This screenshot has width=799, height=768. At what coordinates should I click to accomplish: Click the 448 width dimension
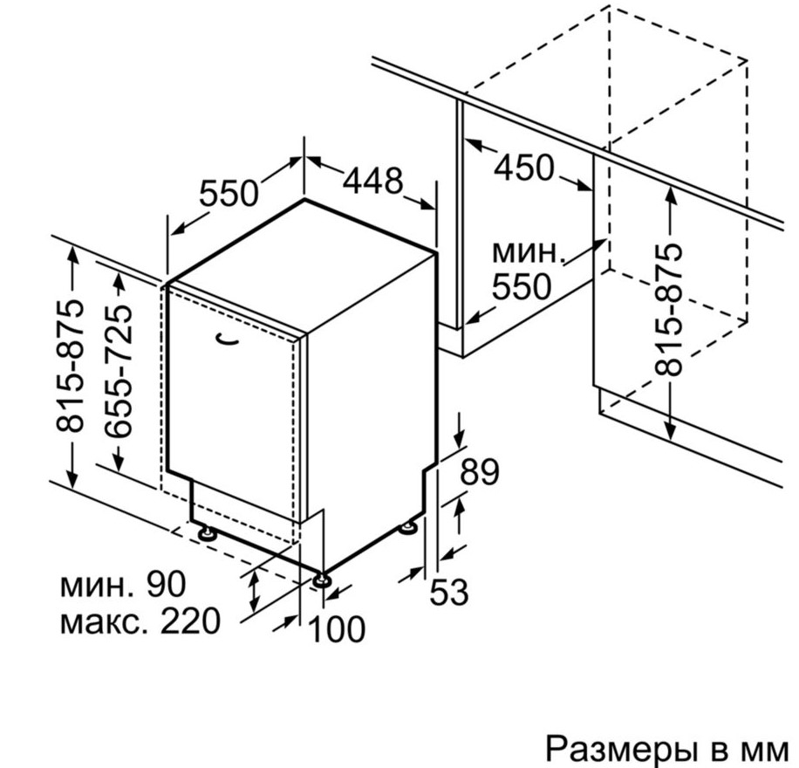click(372, 181)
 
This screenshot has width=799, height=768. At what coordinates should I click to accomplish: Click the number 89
click(480, 472)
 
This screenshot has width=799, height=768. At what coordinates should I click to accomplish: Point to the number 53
click(449, 592)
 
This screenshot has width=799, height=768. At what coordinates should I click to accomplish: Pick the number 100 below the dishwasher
click(337, 628)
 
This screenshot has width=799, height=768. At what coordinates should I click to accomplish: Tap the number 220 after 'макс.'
click(191, 621)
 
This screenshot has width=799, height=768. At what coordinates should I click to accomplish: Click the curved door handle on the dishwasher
click(228, 340)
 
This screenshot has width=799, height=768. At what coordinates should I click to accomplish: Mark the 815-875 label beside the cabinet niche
click(668, 310)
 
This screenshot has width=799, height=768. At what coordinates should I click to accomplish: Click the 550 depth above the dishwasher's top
click(229, 192)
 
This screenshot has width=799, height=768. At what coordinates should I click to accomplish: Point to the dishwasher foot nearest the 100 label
click(322, 580)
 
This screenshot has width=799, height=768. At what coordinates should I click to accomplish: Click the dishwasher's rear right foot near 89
click(408, 527)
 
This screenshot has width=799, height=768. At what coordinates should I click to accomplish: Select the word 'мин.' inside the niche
click(529, 252)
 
